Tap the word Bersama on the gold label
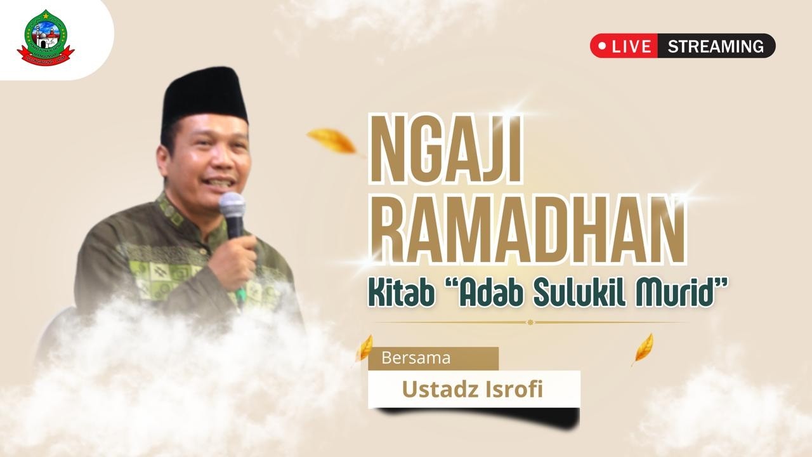pos(416,358)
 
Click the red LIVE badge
pos(625,46)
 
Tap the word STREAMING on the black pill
pos(716,46)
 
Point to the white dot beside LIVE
pos(602,46)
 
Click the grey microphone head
pos(232,206)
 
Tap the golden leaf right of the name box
pos(643,348)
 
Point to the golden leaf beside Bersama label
pos(364,348)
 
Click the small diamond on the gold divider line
pos(530,322)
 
